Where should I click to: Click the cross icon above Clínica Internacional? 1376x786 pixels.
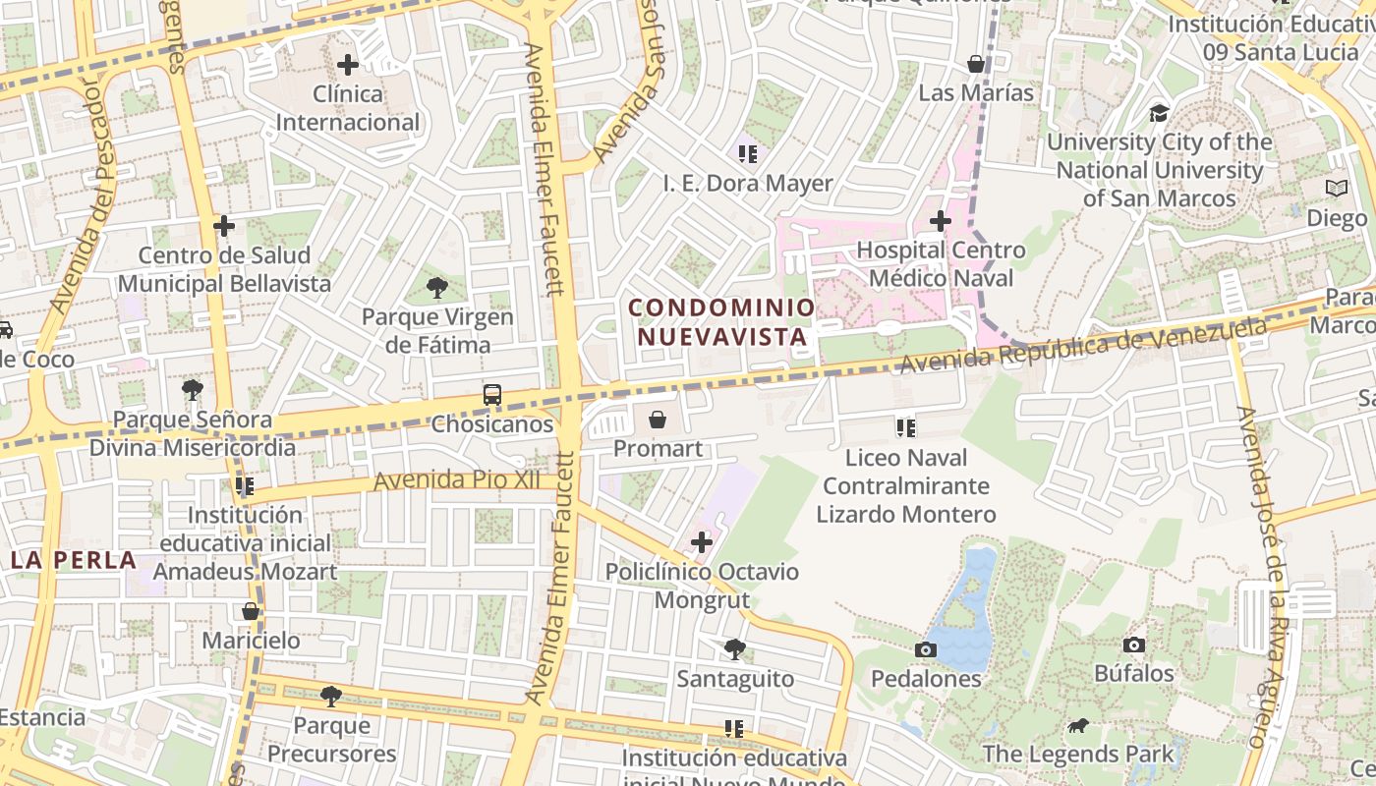347,66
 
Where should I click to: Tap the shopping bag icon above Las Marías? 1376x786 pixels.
976,64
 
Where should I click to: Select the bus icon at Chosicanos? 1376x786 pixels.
492,395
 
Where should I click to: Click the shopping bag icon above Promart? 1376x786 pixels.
658,420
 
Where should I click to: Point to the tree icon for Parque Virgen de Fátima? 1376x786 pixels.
437,288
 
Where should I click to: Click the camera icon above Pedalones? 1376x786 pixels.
925,649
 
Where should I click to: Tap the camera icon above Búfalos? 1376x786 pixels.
1134,645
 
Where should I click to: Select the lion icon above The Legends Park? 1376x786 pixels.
1078,726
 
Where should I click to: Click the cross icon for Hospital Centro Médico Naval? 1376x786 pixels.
941,221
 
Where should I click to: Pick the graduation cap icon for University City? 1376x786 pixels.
1160,113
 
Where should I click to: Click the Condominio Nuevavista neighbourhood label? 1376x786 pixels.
722,322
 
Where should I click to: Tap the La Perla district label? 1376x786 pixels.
74,560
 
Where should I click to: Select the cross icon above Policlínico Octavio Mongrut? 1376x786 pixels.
702,541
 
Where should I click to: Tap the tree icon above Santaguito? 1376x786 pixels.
734,648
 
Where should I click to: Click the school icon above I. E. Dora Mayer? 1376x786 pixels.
748,154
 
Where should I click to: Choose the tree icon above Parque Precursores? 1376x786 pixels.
331,696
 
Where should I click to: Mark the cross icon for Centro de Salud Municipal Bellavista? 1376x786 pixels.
224,226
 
